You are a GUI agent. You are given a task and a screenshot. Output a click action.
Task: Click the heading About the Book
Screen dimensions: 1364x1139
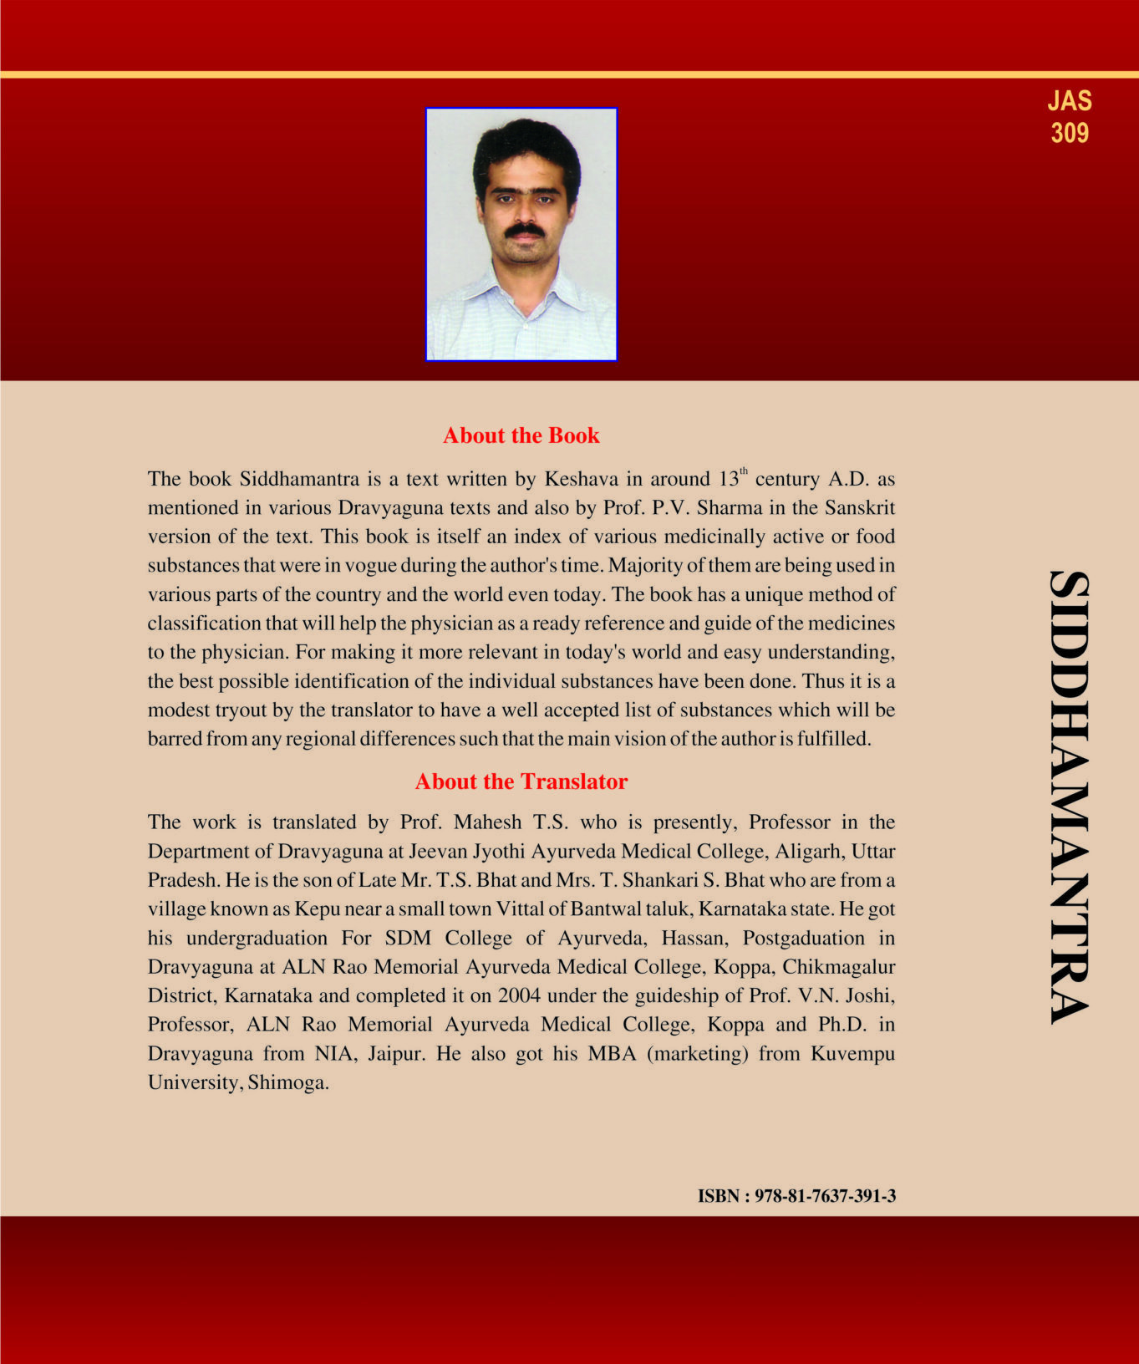coord(521,435)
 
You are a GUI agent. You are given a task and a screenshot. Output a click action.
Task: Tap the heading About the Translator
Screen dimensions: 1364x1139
coord(521,781)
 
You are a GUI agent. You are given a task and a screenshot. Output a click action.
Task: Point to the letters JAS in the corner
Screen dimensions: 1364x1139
coord(1070,101)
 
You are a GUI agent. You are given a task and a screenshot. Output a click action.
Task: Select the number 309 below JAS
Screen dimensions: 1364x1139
coord(1070,133)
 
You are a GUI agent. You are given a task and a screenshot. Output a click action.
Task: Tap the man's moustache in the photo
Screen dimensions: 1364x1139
coord(525,229)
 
